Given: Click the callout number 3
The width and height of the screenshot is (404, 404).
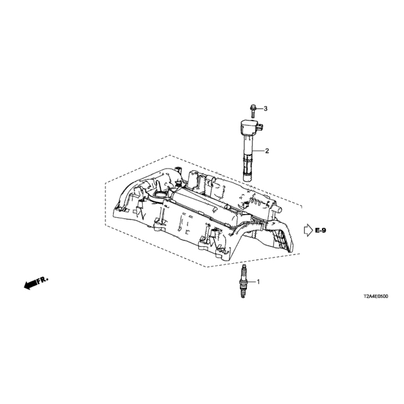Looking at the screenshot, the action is click(265, 109).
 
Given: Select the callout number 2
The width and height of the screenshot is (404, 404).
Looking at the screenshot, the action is click(267, 151).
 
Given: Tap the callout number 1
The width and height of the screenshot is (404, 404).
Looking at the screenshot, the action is click(258, 282).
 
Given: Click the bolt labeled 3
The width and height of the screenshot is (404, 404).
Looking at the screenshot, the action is click(252, 111).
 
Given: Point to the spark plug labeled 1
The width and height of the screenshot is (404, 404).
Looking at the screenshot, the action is click(242, 282).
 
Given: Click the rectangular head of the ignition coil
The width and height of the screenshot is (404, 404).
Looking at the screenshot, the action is click(250, 128).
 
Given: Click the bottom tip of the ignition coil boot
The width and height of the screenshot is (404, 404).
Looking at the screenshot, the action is click(247, 182).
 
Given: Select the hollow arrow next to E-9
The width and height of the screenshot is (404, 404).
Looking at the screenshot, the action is click(308, 230).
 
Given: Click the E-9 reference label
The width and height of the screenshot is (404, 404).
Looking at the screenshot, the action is click(320, 230).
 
